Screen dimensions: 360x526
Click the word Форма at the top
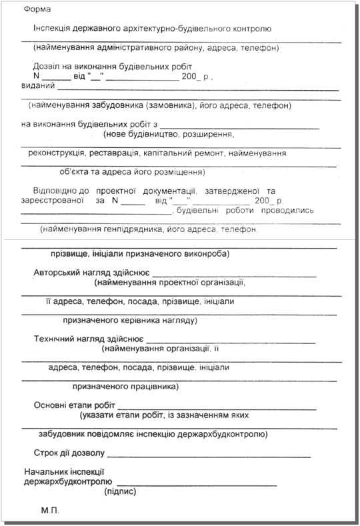[37, 10]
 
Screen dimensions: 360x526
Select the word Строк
[45, 454]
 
